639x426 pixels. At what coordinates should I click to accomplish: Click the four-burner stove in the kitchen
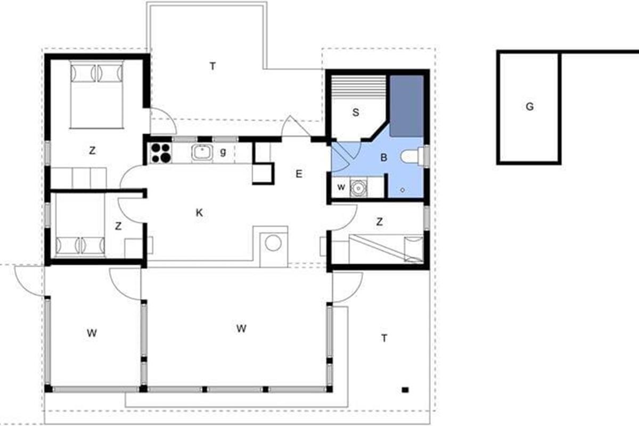click(161, 153)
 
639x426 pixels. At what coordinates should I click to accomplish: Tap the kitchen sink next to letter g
click(202, 153)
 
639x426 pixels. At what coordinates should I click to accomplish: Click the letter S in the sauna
click(356, 112)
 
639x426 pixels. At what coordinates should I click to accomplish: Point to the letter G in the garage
click(529, 106)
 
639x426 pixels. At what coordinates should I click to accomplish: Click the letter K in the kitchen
click(199, 212)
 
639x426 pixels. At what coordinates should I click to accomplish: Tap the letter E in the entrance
click(299, 174)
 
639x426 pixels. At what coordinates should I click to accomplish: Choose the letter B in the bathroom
click(384, 157)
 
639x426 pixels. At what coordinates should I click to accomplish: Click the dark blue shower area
click(406, 106)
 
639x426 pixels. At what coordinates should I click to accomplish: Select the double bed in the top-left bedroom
click(97, 94)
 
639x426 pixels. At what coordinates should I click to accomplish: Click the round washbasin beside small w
click(358, 188)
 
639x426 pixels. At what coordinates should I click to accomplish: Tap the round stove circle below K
click(273, 243)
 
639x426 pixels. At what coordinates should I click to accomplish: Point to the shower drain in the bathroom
click(403, 190)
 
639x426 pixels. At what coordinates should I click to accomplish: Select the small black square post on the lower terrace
click(405, 390)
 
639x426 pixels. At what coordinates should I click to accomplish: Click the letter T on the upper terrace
click(212, 67)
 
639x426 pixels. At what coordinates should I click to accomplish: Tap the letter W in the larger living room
click(241, 329)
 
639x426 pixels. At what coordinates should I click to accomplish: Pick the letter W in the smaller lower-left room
click(92, 333)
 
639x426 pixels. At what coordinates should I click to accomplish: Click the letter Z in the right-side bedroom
click(379, 222)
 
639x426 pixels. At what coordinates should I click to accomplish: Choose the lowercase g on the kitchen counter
click(223, 152)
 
